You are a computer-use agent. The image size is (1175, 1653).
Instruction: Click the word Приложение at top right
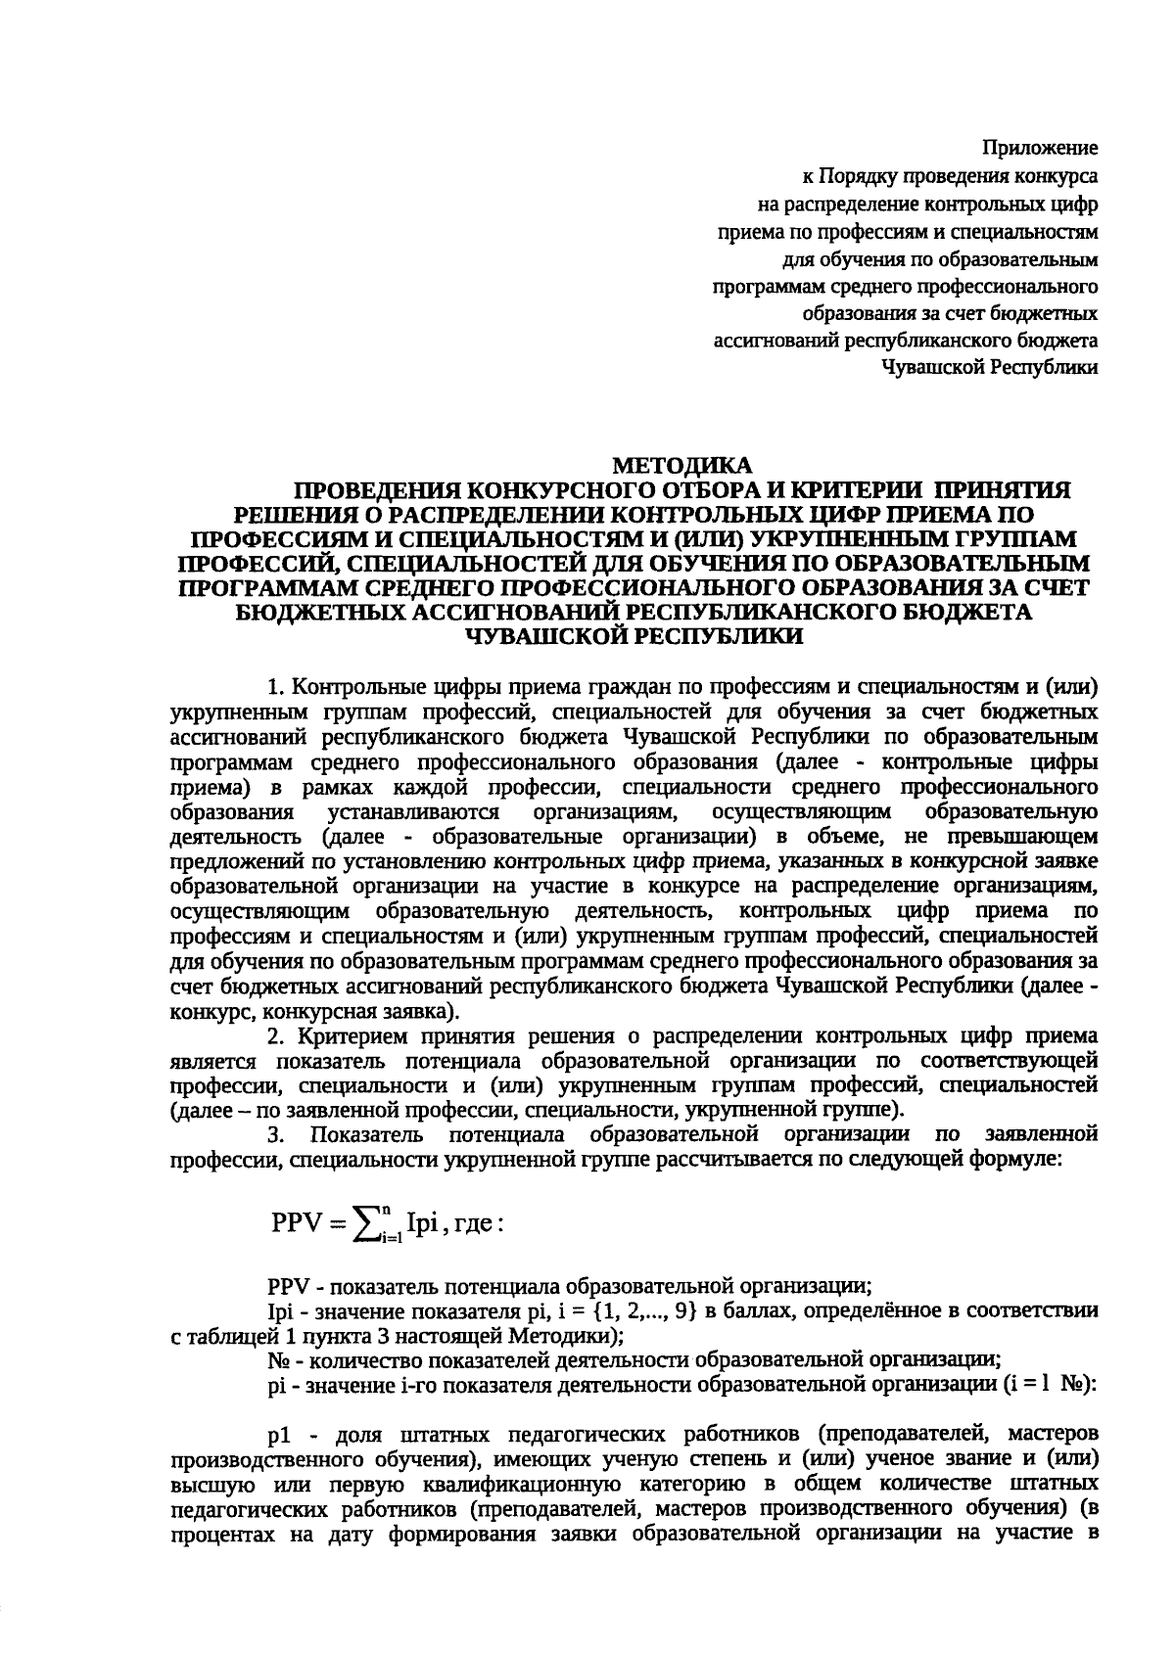(1040, 149)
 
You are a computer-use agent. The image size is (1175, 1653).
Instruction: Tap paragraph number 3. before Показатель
(277, 1134)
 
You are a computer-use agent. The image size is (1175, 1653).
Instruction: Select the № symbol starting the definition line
(277, 1359)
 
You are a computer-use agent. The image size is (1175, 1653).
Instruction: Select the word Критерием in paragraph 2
(352, 1036)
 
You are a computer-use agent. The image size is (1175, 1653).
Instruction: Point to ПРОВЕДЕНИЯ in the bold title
(377, 490)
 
